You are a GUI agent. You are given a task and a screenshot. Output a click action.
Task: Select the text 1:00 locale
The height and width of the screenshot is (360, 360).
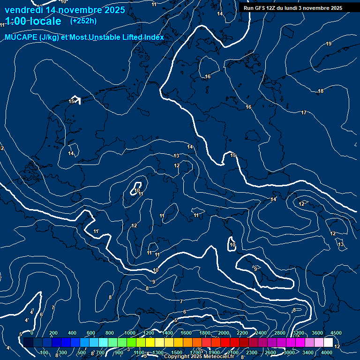(x=33, y=21)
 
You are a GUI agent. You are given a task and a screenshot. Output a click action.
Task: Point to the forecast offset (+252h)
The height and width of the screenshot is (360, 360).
(x=83, y=21)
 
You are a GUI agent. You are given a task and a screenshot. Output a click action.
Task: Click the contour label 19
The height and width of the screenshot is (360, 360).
(x=329, y=44)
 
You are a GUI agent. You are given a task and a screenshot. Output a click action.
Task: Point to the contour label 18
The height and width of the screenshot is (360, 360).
(x=321, y=91)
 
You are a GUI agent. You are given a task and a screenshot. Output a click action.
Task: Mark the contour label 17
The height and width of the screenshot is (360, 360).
(x=304, y=112)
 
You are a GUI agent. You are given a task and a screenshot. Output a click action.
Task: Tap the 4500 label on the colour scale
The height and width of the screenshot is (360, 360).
(x=336, y=333)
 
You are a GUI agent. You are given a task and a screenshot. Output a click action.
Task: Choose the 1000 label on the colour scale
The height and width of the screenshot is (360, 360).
(x=130, y=333)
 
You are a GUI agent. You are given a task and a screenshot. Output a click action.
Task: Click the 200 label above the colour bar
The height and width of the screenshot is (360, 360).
(x=53, y=333)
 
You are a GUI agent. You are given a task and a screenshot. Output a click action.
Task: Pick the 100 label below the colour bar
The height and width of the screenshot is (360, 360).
(x=45, y=352)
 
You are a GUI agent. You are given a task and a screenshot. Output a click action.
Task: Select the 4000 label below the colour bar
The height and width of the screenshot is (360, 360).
(x=327, y=352)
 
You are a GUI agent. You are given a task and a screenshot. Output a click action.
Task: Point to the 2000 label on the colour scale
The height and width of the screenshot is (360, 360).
(x=223, y=333)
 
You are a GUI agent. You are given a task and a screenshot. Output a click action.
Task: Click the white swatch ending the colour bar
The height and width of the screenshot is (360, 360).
(x=328, y=343)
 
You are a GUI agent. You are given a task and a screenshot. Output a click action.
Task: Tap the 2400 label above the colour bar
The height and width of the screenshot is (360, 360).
(x=261, y=333)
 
